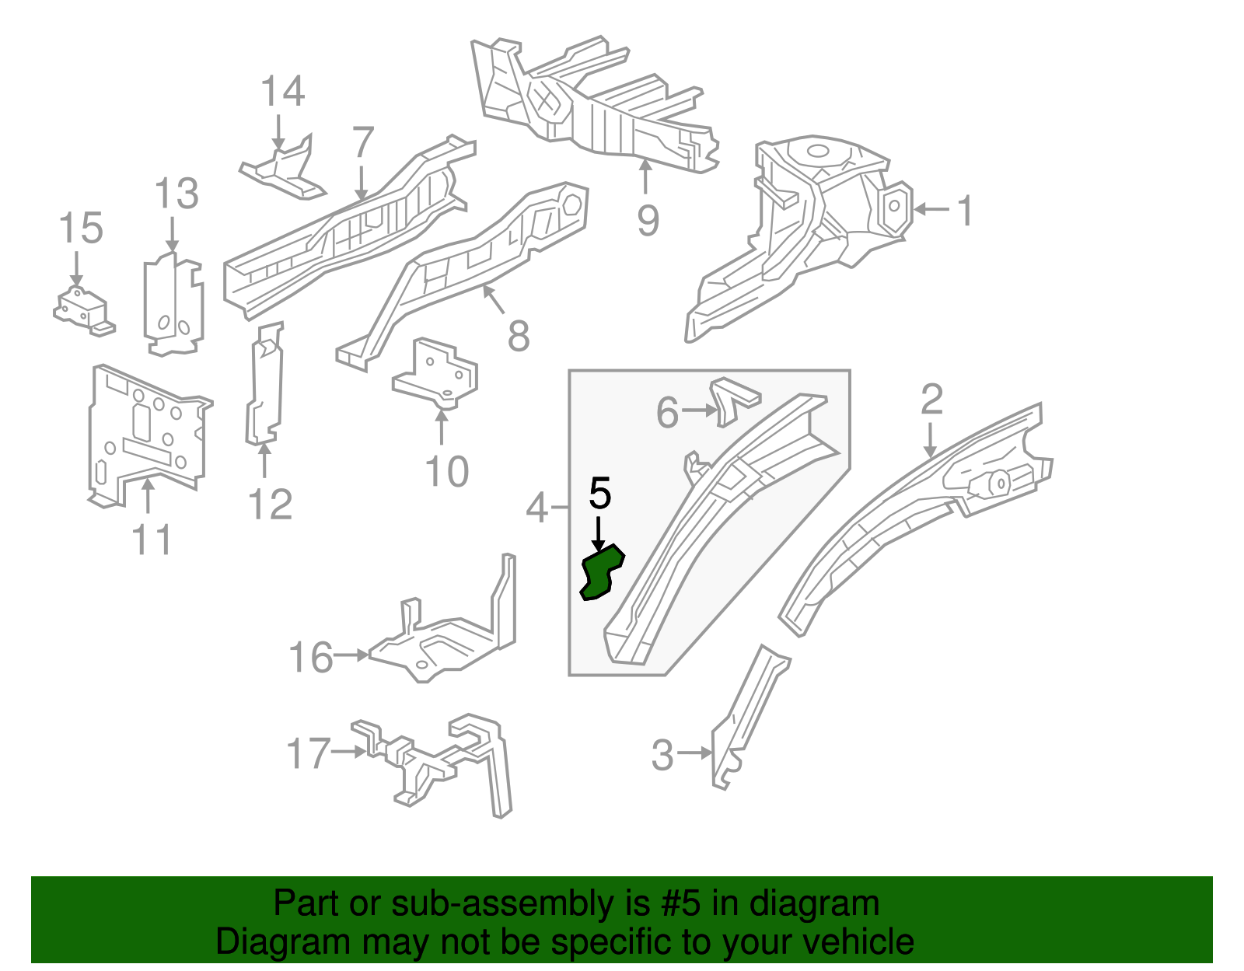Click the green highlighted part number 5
click(601, 573)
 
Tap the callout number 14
click(282, 92)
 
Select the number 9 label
click(648, 220)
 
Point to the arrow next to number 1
click(931, 209)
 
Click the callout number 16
click(310, 658)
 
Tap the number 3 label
click(662, 756)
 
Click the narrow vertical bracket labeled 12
click(264, 385)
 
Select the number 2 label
click(931, 400)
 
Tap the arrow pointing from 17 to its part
click(348, 752)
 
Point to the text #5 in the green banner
click(681, 904)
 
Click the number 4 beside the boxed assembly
click(538, 508)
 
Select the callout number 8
click(519, 336)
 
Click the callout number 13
click(176, 194)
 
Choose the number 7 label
click(363, 143)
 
